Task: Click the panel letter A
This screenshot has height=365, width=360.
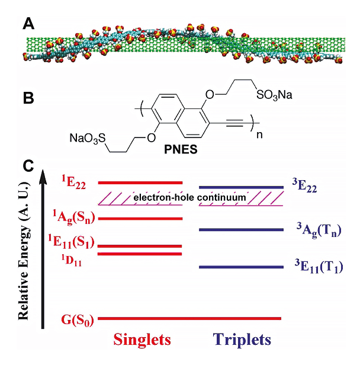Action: click(28, 24)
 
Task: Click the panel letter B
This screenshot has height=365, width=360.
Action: click(28, 98)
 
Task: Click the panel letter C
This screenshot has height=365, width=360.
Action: click(28, 166)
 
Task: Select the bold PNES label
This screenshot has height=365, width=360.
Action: click(181, 149)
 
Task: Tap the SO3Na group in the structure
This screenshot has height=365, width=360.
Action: click(274, 95)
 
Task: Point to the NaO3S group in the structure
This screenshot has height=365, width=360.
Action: click(88, 138)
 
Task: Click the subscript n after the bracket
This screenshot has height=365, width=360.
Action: click(259, 135)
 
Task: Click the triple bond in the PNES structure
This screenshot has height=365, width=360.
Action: click(235, 123)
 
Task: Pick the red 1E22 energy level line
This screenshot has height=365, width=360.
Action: click(140, 182)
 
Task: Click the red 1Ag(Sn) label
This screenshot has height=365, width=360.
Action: click(74, 217)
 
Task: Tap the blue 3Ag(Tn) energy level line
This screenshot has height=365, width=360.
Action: click(241, 230)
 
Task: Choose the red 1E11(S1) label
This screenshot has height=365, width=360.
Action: click(71, 242)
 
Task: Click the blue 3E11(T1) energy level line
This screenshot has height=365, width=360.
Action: click(241, 267)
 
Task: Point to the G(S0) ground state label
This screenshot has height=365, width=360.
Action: click(78, 320)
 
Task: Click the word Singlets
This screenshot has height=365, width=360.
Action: click(142, 340)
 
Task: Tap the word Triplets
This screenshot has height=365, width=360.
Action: click(242, 340)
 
